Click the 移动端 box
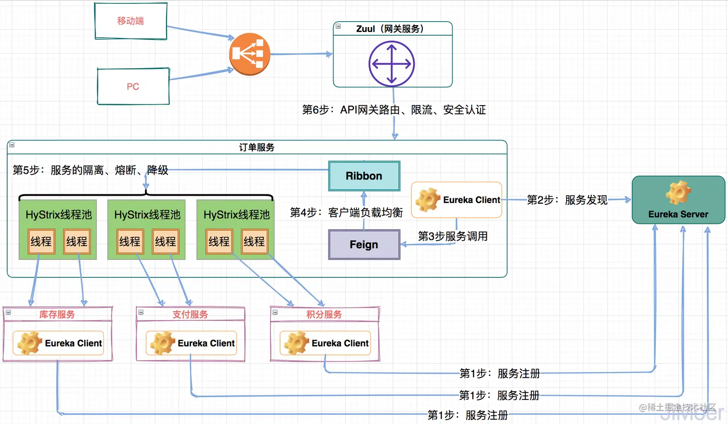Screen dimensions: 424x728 (130, 21)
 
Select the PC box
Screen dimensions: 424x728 (133, 86)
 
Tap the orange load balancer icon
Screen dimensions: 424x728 (249, 54)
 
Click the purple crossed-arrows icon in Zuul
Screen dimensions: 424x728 (391, 64)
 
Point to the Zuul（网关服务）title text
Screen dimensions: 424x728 (390, 29)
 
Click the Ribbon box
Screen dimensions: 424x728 (364, 176)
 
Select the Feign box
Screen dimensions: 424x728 (364, 245)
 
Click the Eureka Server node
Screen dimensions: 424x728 (678, 200)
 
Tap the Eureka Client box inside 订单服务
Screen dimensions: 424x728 (456, 200)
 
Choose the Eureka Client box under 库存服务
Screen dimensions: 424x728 (58, 343)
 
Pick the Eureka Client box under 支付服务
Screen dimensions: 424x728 (191, 343)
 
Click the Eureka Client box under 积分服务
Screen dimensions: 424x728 (325, 343)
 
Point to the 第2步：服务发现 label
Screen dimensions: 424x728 (567, 200)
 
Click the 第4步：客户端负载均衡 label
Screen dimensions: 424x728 (346, 212)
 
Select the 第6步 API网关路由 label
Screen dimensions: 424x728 (393, 110)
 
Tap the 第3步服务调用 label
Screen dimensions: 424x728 (453, 236)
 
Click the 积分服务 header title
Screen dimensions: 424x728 (324, 315)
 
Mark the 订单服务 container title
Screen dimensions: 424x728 (257, 148)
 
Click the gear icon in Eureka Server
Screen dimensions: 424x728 (678, 192)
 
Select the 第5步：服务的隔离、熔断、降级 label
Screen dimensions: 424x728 (90, 170)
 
